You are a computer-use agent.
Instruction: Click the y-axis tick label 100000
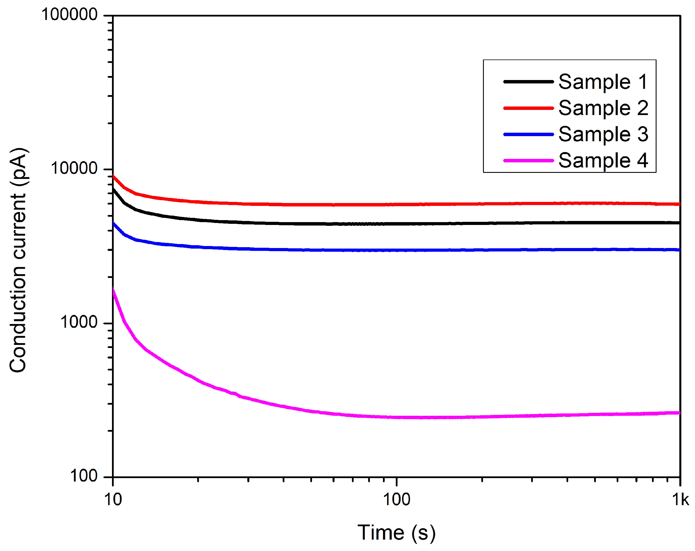[x=69, y=15]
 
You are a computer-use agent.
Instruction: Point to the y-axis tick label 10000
[x=74, y=169]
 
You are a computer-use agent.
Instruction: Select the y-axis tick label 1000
[x=78, y=322]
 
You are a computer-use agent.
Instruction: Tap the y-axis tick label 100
[x=83, y=476]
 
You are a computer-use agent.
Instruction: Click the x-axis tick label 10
[x=113, y=500]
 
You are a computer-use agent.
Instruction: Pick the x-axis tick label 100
[x=396, y=500]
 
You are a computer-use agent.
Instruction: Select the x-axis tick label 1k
[x=680, y=500]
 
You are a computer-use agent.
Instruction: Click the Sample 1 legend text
[x=603, y=82]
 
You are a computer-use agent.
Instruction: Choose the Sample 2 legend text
[x=603, y=108]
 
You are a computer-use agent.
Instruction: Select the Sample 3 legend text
[x=603, y=134]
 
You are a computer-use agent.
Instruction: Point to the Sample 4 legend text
[x=603, y=161]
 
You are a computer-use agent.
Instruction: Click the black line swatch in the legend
[x=528, y=82]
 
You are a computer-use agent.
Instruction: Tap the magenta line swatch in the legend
[x=528, y=161]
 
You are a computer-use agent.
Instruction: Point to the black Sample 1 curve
[x=451, y=223]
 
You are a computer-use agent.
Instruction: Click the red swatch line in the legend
[x=528, y=108]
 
